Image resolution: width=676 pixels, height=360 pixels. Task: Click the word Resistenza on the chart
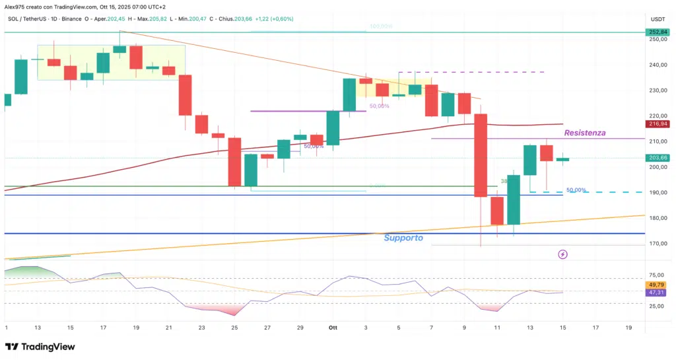tap(585, 133)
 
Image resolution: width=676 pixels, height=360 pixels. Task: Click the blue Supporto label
tap(403, 237)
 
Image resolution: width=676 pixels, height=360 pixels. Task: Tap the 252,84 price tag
tap(658, 32)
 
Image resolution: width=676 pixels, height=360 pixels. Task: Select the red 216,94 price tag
tap(658, 124)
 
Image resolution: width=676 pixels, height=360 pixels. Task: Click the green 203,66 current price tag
tap(658, 158)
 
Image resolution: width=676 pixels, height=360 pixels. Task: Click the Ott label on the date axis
tap(333, 327)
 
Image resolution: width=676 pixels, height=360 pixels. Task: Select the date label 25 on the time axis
tap(235, 327)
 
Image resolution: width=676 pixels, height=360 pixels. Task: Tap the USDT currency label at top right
tap(658, 19)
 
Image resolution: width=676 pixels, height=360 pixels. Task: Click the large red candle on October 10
tap(481, 155)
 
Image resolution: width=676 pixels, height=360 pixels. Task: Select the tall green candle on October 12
tap(514, 199)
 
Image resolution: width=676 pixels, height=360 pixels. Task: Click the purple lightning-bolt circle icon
tap(562, 254)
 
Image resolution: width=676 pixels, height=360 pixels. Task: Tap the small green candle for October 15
tap(563, 159)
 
